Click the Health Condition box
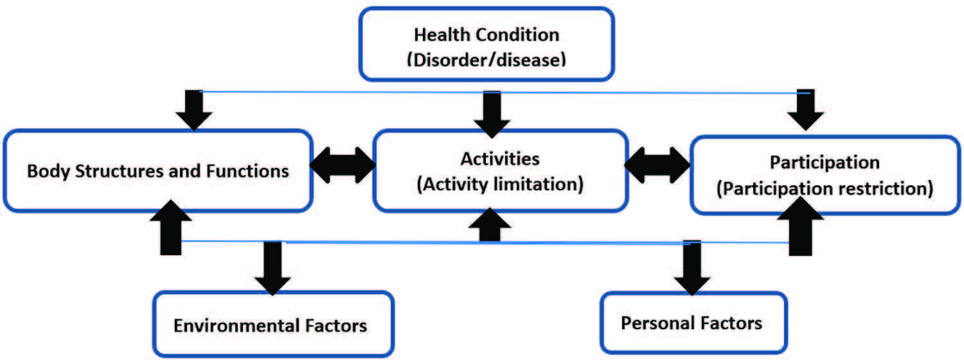coord(486,44)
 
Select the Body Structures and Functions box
coord(158,171)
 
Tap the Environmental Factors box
coord(273,324)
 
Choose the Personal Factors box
coord(693,323)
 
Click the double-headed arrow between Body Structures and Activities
coord(343,165)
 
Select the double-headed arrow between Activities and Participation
coord(657,165)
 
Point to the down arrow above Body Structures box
coord(193,110)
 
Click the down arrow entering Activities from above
coord(492,114)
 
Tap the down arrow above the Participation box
coord(806,110)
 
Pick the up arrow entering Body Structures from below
coord(171,228)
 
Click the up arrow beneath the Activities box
coord(490,225)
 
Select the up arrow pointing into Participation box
coord(801,226)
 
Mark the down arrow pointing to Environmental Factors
coord(273,268)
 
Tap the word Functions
coord(247,171)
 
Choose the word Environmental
coord(237,325)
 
